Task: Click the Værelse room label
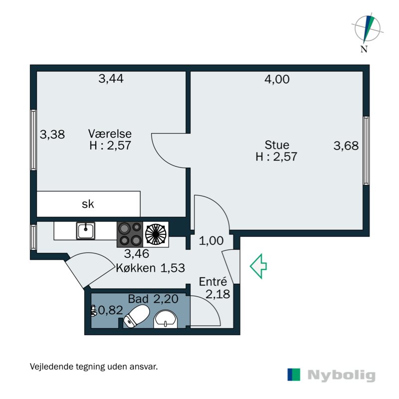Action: point(110,134)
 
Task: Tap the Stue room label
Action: point(277,145)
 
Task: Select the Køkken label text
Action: point(137,268)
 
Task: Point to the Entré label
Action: point(213,281)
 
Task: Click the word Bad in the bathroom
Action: point(138,299)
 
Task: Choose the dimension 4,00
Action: point(277,78)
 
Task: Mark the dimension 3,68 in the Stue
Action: point(346,146)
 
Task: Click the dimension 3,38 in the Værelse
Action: point(52,134)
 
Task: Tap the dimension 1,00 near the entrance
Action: point(211,241)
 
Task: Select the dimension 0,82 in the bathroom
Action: point(109,311)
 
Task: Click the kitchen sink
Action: point(86,230)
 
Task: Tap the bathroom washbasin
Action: point(165,320)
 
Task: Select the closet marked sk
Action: point(88,204)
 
